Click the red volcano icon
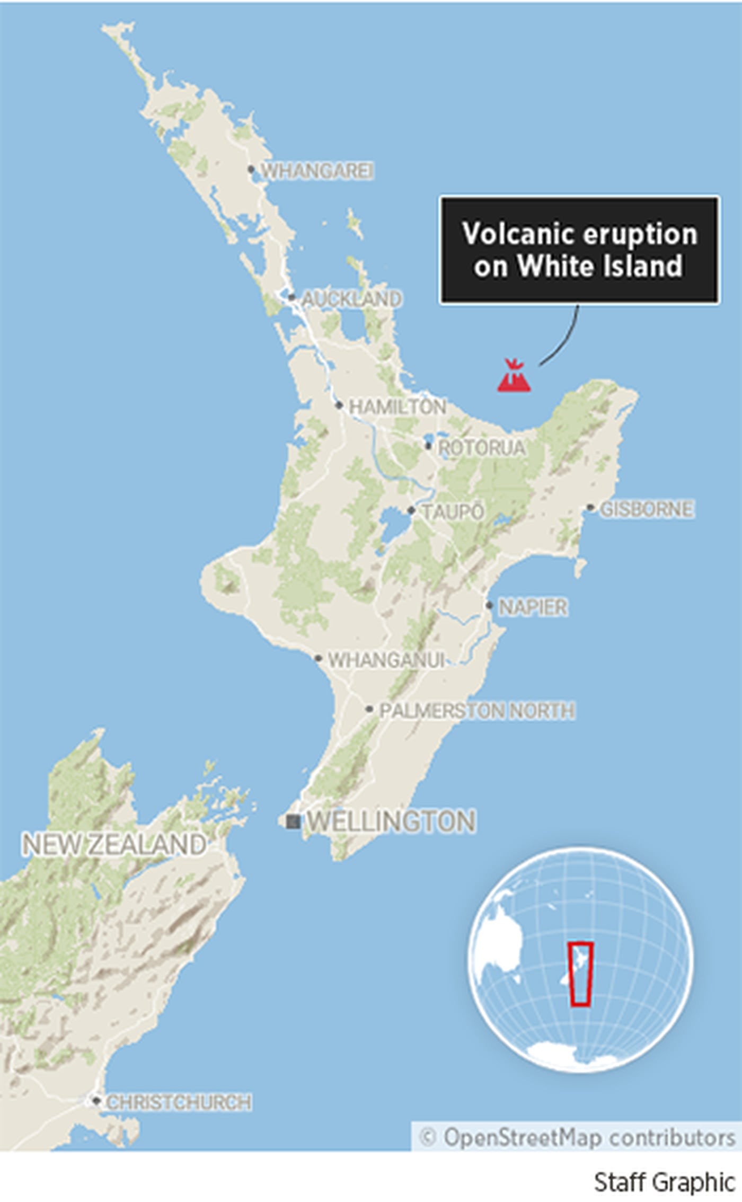coord(514,376)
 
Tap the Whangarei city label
coord(317,171)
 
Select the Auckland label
coord(351,299)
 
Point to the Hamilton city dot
coord(339,405)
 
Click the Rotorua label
coord(481,448)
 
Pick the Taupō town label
coord(453,512)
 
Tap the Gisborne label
coord(647,509)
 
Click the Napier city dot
coord(489,605)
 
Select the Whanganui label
coord(386,660)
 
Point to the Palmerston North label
coord(477,711)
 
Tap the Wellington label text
coord(392,821)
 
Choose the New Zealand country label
coord(114,844)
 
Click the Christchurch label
coord(179,1103)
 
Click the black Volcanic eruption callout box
coord(579,250)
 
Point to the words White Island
coord(599,266)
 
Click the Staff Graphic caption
coord(664,1183)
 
